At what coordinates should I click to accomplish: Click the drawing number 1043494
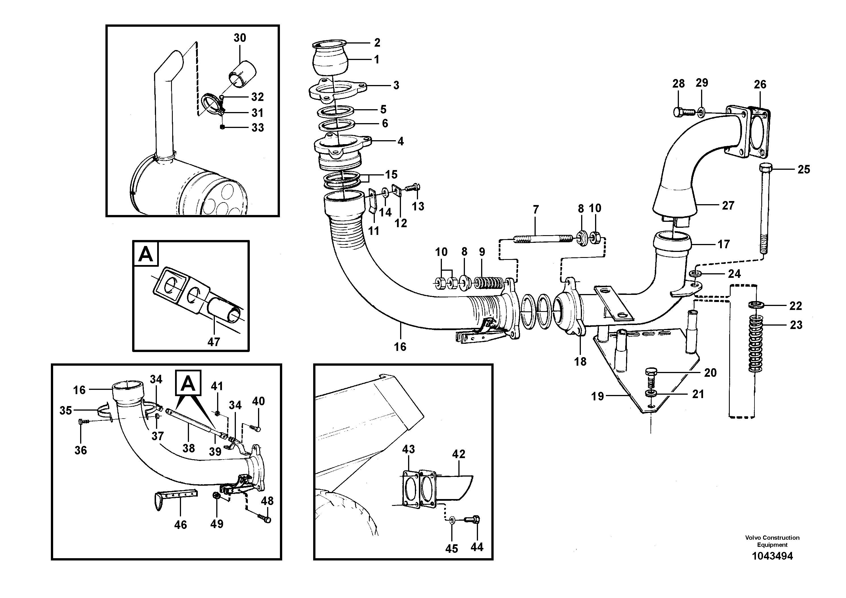coord(772,556)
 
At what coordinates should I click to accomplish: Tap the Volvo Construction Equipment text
coord(772,541)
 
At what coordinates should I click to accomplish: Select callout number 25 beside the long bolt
coord(804,169)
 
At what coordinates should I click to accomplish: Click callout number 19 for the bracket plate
coord(598,396)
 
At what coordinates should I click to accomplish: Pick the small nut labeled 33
coord(222,127)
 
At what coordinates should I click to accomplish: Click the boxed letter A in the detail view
coord(146,254)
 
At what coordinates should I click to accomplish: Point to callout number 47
coord(214,342)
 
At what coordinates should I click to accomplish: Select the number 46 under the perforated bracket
coord(180,525)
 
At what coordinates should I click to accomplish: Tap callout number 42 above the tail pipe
coord(459,454)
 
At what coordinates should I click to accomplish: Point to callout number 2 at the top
coord(377,43)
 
